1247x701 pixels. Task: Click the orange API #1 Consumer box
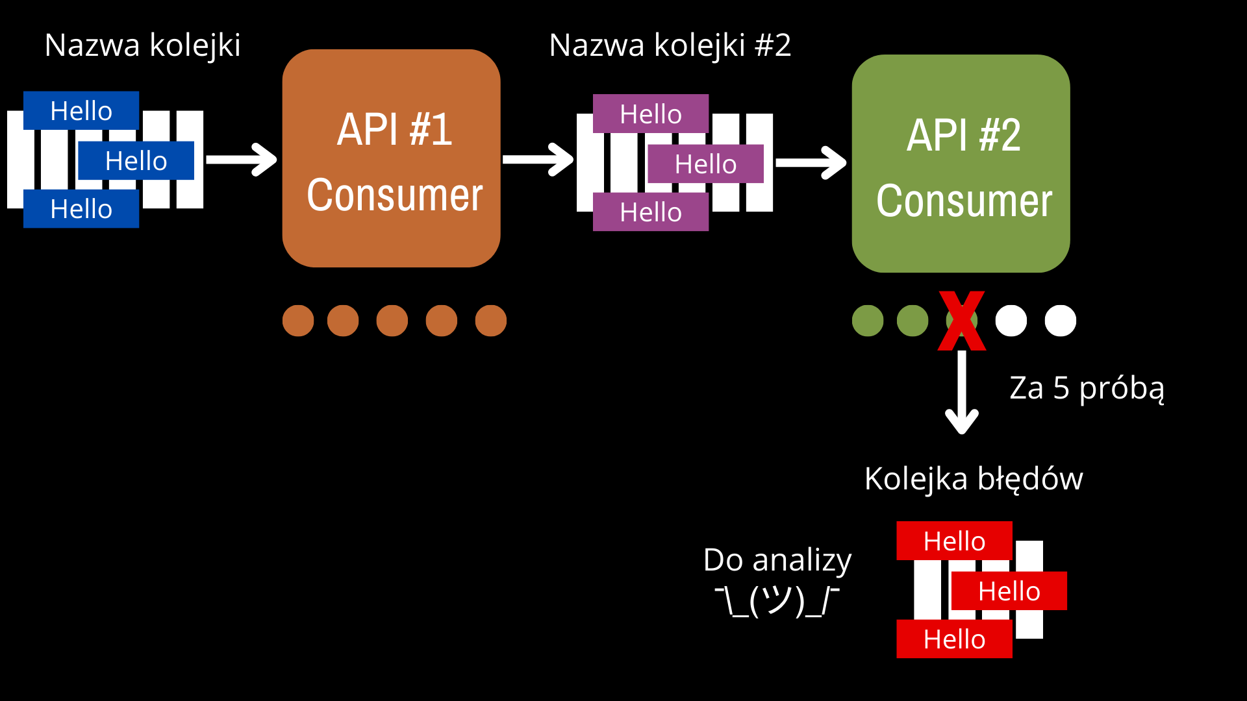[391, 158]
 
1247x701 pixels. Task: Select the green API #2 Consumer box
[961, 164]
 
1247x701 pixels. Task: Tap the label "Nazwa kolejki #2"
[670, 45]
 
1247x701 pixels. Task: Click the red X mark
[962, 321]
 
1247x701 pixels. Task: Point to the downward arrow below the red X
[962, 392]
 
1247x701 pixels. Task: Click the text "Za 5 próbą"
[1087, 388]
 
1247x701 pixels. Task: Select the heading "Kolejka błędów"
[974, 479]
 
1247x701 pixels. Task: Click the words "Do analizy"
[777, 560]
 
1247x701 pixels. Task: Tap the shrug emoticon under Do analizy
[777, 601]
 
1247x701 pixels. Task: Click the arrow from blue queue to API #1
[242, 160]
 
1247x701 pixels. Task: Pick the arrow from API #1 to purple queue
[538, 160]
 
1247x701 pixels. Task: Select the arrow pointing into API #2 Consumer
[811, 163]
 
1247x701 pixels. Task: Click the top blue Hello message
[81, 110]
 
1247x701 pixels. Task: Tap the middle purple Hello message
[705, 164]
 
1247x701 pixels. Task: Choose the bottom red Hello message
[954, 639]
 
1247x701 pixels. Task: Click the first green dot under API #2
[868, 321]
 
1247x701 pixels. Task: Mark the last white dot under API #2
[1061, 321]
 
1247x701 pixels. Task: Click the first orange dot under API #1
[298, 321]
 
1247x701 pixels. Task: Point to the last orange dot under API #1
[491, 321]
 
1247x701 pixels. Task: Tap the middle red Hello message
[1009, 591]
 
